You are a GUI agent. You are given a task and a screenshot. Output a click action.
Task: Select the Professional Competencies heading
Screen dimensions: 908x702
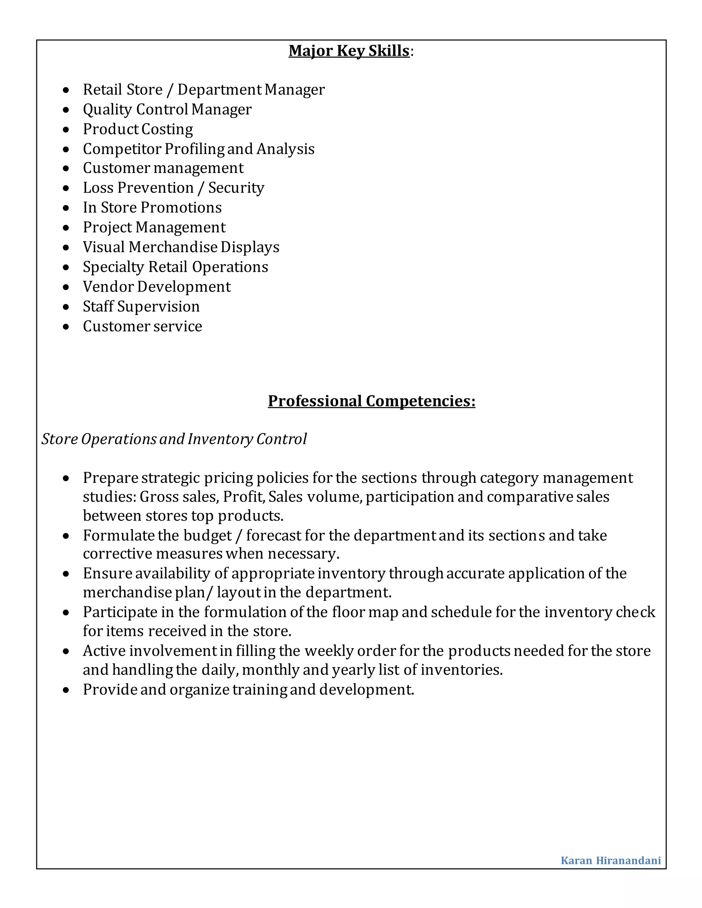tap(371, 401)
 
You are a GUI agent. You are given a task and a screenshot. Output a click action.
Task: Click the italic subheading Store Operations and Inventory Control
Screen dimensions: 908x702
tap(174, 439)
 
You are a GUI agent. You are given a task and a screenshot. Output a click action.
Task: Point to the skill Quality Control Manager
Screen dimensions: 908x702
tap(167, 109)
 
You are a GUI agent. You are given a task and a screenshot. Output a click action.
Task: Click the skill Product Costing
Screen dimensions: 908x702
tap(138, 129)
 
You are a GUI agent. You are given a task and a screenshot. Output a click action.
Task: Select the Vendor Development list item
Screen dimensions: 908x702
tap(156, 287)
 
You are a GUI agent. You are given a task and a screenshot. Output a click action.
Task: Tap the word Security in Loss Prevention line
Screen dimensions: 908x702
tap(236, 188)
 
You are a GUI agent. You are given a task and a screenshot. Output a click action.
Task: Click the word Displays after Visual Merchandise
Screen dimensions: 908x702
tap(250, 247)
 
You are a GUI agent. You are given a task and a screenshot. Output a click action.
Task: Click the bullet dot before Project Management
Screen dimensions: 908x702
tap(66, 228)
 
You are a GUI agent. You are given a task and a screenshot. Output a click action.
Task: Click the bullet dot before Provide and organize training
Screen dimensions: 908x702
tap(66, 690)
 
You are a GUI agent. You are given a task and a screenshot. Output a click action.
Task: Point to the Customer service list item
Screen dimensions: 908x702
tap(142, 326)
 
